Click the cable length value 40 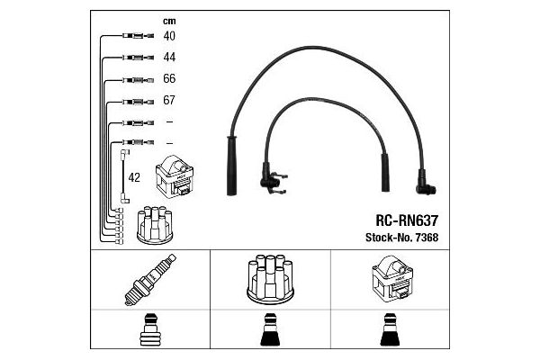click(x=169, y=36)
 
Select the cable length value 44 click(x=169, y=57)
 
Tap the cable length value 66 click(x=169, y=78)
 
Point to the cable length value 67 click(x=169, y=100)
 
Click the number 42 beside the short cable click(x=134, y=177)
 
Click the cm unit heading click(x=168, y=20)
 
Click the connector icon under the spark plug click(x=150, y=332)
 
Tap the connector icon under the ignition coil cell click(x=390, y=332)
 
